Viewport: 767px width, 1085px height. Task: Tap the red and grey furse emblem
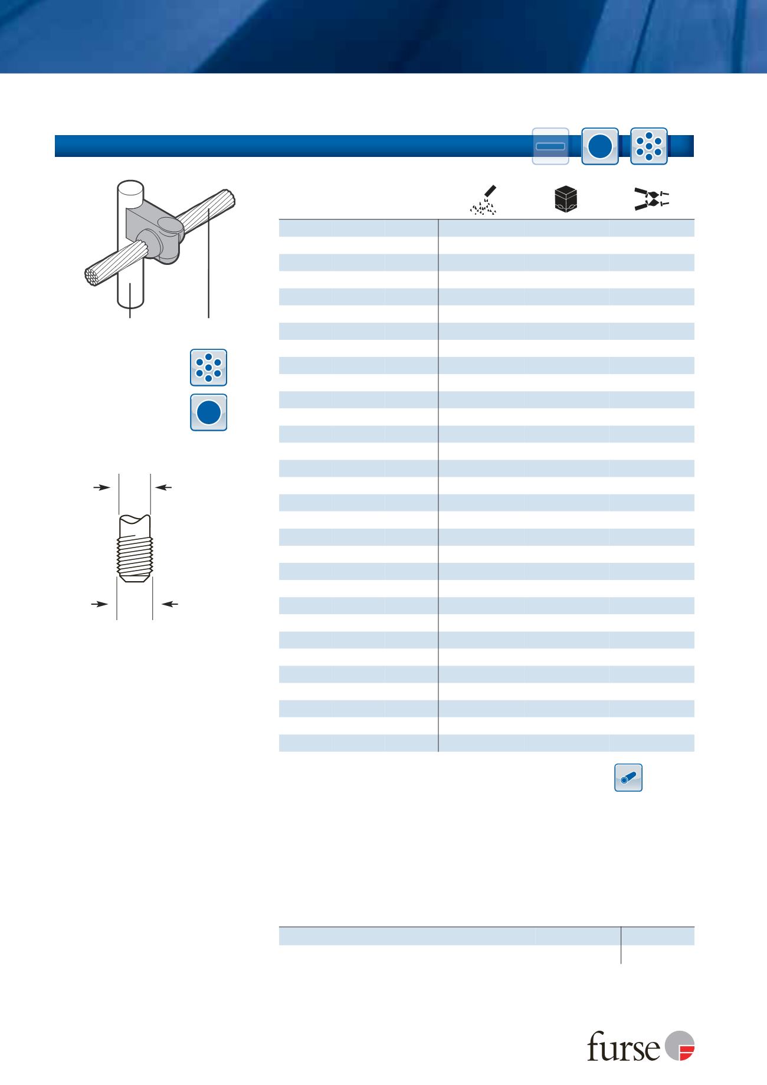(x=680, y=1045)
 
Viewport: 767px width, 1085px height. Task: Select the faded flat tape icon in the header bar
(x=550, y=146)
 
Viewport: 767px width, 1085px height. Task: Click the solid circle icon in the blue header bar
(x=600, y=146)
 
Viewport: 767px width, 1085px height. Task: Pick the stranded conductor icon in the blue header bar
(x=649, y=146)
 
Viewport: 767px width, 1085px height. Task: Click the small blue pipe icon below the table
(x=628, y=778)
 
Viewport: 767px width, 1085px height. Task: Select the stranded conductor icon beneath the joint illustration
(x=209, y=368)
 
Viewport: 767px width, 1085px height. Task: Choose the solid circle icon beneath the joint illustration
(x=209, y=412)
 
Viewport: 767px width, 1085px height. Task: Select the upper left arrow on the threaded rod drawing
(x=103, y=487)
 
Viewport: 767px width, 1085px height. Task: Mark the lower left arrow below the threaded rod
(x=99, y=604)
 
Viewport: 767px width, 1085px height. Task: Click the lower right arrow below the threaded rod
(x=170, y=604)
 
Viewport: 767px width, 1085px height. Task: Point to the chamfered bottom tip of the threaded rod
(x=135, y=580)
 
